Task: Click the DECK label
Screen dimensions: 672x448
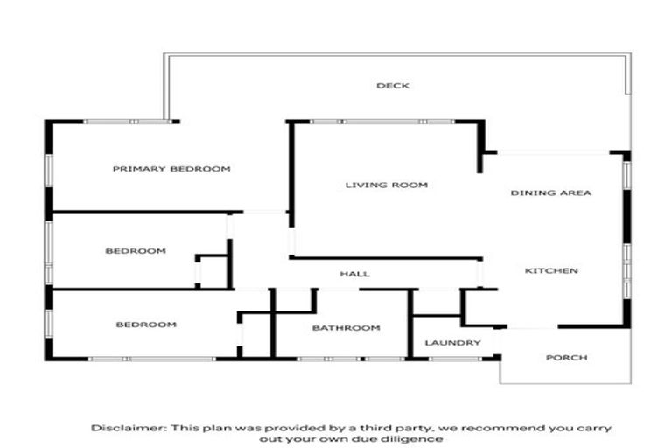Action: [393, 86]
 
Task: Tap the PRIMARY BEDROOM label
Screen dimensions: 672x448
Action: [171, 169]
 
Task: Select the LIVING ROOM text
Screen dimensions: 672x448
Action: [387, 185]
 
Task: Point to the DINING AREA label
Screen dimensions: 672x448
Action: [550, 192]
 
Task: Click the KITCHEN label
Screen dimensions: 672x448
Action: [551, 271]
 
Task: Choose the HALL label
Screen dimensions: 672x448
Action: [355, 274]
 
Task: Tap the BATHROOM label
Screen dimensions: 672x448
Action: [346, 328]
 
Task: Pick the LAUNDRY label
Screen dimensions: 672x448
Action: [452, 343]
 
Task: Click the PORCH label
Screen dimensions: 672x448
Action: [567, 358]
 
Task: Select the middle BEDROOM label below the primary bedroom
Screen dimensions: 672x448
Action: [136, 251]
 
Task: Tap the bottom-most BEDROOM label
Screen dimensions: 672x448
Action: [146, 325]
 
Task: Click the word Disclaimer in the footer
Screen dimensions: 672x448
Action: [129, 428]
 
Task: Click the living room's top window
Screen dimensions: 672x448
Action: [382, 122]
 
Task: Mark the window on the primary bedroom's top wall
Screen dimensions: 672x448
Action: [128, 122]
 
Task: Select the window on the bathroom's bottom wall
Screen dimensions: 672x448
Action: [352, 359]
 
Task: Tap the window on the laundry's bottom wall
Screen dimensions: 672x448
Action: [455, 359]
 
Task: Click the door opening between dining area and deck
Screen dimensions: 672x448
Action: [553, 152]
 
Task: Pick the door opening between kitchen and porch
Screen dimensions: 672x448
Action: [532, 327]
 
